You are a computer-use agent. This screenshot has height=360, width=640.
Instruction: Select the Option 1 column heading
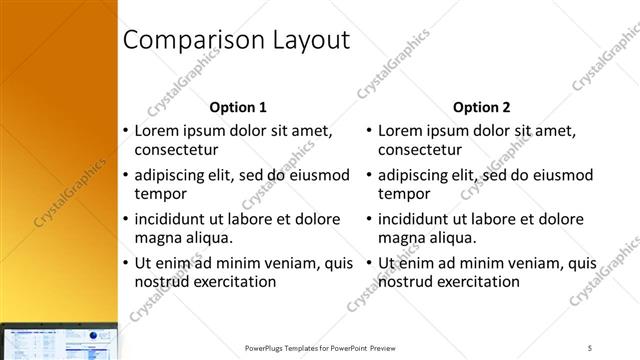pyautogui.click(x=238, y=107)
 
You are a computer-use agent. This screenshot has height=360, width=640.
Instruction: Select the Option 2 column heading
pyautogui.click(x=481, y=107)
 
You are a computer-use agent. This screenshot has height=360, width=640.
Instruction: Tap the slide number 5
pyautogui.click(x=590, y=347)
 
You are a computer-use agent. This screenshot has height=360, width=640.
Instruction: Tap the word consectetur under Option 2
pyautogui.click(x=421, y=150)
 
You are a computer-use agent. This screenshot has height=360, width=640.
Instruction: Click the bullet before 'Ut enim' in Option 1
pyautogui.click(x=125, y=263)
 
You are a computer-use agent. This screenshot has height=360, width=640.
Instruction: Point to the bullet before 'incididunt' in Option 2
pyautogui.click(x=369, y=219)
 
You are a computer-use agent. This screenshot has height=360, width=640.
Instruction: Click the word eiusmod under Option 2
pyautogui.click(x=563, y=174)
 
